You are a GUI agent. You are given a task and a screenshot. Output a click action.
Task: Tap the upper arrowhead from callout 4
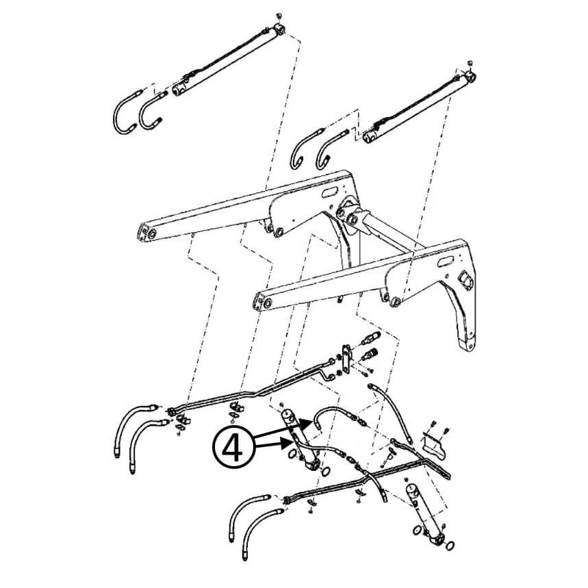click(x=307, y=424)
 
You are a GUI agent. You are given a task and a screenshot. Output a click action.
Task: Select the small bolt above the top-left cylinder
click(x=278, y=16)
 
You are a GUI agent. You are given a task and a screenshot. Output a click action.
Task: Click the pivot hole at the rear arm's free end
click(x=152, y=234)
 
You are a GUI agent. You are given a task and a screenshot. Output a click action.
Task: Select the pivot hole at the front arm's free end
click(x=267, y=303)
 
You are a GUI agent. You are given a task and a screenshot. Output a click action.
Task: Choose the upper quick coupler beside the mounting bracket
click(x=370, y=338)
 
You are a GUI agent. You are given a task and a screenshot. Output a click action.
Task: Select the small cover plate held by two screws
click(x=434, y=446)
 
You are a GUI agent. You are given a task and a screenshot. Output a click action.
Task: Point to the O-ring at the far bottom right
click(x=450, y=545)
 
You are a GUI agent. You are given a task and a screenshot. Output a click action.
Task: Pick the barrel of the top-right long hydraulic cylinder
click(x=416, y=108)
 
